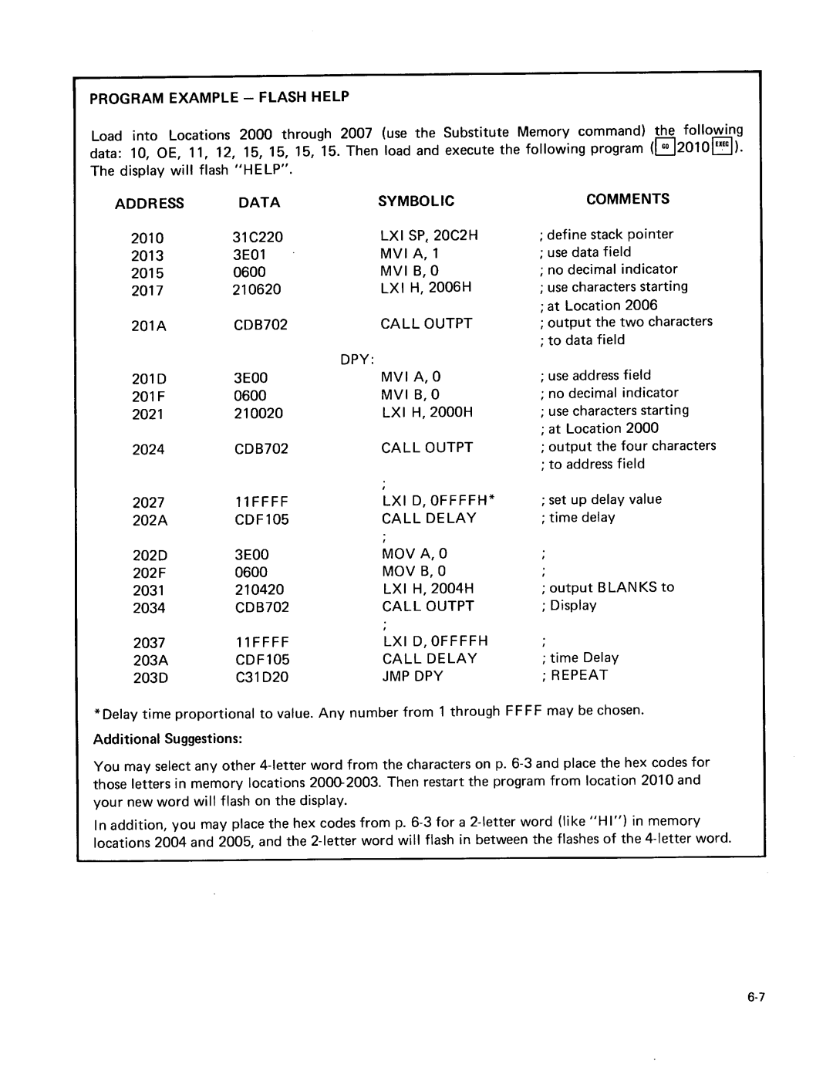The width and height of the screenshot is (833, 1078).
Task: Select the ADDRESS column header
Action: coord(150,204)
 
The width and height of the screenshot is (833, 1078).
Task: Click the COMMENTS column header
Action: coord(627,199)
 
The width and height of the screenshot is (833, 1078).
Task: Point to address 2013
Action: coord(147,256)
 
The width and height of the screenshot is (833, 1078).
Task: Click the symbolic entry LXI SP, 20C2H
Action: coord(429,235)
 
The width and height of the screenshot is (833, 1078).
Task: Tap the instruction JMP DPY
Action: coord(413,676)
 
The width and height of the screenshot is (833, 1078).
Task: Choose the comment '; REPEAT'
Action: coord(575,675)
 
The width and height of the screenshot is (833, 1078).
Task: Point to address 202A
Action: coord(150,520)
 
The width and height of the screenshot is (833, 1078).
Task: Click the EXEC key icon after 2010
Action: coord(723,147)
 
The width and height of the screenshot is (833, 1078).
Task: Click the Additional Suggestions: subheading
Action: coord(168,739)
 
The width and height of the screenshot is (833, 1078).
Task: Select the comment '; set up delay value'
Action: coord(602,500)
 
